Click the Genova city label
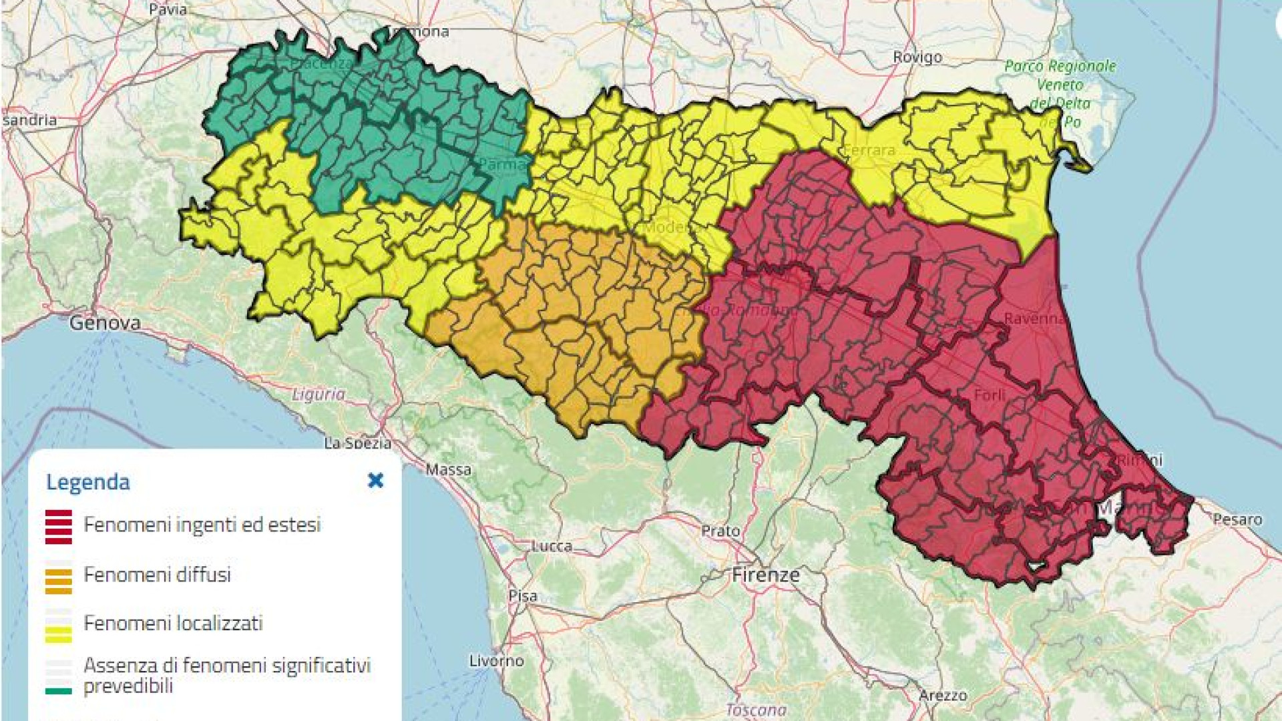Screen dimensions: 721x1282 [105, 323]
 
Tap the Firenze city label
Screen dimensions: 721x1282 [765, 575]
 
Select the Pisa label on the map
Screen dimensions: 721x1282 [522, 595]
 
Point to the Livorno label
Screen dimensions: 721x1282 [496, 661]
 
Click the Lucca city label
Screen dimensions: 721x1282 [552, 546]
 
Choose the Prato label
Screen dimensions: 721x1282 [720, 531]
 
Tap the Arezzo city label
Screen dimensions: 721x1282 [943, 696]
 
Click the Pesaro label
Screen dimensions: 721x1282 [1237, 519]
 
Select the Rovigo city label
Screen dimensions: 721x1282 [917, 57]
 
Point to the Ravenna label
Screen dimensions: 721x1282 [1034, 318]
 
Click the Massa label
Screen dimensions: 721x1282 [449, 470]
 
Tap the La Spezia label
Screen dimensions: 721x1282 [358, 443]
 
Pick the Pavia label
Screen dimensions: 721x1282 [168, 9]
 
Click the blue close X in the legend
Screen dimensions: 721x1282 [375, 481]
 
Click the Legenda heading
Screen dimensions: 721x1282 [87, 482]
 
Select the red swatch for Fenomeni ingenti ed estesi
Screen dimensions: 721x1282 [59, 527]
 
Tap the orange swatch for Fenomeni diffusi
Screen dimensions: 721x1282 [59, 580]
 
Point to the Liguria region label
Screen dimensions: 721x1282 [318, 395]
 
